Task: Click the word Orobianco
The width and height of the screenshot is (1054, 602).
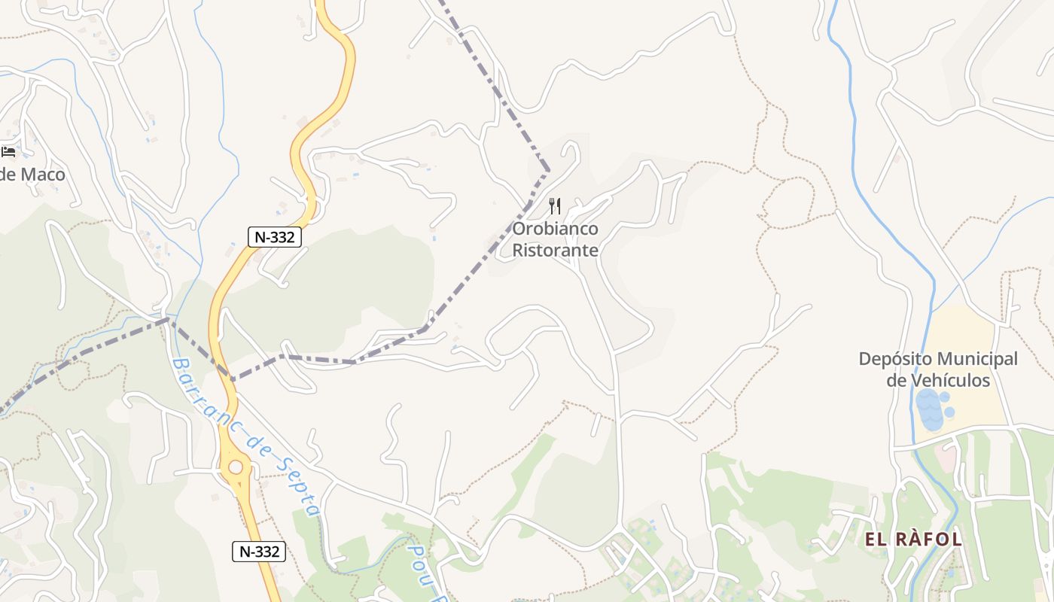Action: click(556, 229)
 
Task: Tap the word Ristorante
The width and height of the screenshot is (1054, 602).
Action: click(556, 250)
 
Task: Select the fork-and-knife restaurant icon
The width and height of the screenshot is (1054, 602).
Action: click(555, 206)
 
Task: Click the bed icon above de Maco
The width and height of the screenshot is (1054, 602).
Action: click(8, 152)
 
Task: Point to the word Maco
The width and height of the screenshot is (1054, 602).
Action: click(43, 175)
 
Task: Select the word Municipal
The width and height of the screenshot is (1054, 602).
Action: click(978, 359)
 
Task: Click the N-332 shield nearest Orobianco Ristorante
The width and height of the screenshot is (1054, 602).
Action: click(275, 236)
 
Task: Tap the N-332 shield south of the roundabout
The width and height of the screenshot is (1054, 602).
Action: click(258, 552)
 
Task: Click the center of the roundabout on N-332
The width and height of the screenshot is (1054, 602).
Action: click(236, 467)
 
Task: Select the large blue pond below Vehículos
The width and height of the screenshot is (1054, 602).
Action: click(931, 411)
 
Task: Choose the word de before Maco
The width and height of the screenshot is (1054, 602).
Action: click(8, 175)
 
